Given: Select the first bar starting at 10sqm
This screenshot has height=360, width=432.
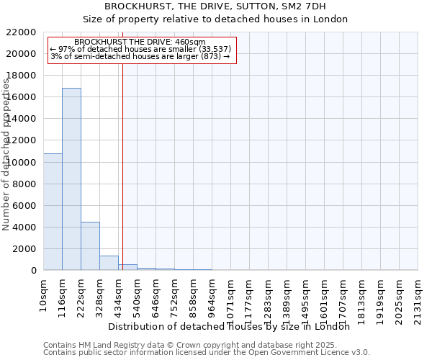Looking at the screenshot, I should tap(53, 212).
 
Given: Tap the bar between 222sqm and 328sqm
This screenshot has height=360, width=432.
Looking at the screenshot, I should tap(90, 246).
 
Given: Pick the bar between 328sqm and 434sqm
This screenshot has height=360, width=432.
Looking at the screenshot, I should tap(109, 263).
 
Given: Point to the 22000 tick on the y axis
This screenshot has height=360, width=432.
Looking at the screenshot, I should tap(22, 32).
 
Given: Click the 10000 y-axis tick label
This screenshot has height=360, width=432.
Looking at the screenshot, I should tap(22, 163).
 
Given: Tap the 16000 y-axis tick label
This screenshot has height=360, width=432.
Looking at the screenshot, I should tap(22, 97).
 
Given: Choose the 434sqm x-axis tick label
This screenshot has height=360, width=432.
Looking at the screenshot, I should tap(118, 295).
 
